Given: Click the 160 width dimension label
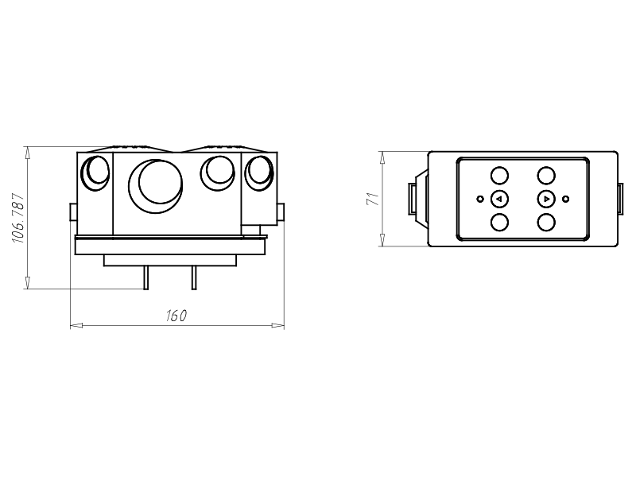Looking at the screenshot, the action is (x=176, y=316).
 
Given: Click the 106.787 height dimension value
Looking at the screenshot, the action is (x=19, y=218).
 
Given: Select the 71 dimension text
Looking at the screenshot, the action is (x=373, y=199).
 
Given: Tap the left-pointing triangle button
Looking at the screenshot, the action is (x=499, y=199).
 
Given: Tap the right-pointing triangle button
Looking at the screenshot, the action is (x=546, y=199).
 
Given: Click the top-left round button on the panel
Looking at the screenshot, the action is (x=499, y=176).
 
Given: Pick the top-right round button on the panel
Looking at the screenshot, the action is (x=546, y=176).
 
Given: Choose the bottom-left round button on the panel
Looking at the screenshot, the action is (x=499, y=223).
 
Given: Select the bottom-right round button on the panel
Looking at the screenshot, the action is (x=546, y=223).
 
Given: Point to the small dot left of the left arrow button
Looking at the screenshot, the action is (x=480, y=199).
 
